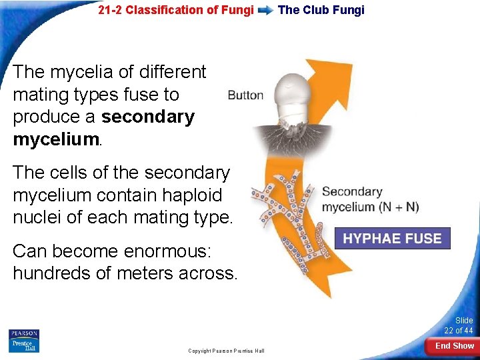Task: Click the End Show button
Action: coord(455,346)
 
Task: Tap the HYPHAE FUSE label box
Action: coord(392,239)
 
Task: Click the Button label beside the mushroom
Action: coord(245,95)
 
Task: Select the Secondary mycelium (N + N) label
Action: coord(370,199)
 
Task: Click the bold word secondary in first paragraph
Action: coord(147,117)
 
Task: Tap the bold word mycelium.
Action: coord(55,139)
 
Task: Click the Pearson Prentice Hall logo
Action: coord(24,341)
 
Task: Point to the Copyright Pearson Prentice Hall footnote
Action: coord(226,351)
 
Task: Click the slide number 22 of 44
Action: coord(459,326)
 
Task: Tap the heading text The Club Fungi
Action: coord(321,10)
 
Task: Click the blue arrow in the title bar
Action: coord(265,10)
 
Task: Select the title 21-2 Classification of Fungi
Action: coord(176,10)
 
